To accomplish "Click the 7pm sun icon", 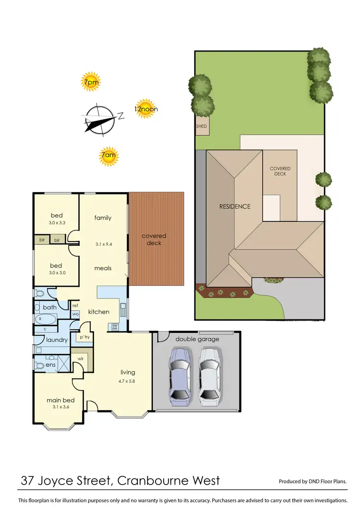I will point(91,82).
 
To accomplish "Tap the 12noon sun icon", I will point(146,109).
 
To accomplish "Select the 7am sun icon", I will point(108,156).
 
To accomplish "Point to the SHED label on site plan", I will point(202,126).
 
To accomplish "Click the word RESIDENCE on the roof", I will point(235,206).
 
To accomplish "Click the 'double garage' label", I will point(197,339).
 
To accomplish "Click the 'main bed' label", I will point(60,400).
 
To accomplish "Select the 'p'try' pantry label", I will point(85,337).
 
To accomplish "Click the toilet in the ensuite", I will point(39,365).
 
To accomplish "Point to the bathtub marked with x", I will point(45,318).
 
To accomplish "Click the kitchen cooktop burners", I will point(115,327).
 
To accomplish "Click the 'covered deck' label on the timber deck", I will point(154,239).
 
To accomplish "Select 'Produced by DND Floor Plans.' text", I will point(312,481).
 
